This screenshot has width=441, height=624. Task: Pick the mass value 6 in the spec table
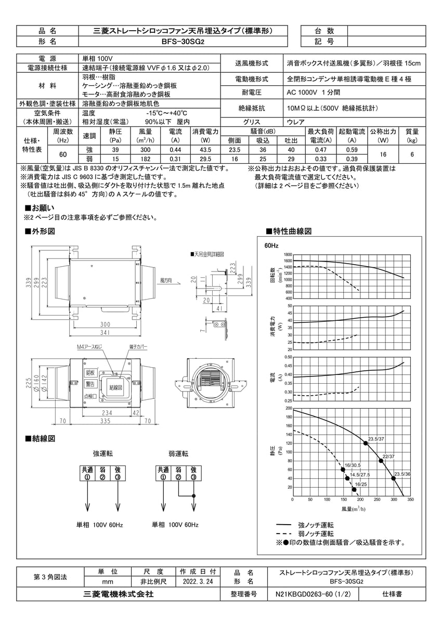pos(412,154)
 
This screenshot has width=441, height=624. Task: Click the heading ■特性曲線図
pos(289,230)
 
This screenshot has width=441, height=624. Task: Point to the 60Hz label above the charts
pos(271,245)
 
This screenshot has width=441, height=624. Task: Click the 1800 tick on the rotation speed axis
pos(288,254)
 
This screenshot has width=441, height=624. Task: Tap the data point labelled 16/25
pos(354,489)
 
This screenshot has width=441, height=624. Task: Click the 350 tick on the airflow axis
pos(410,499)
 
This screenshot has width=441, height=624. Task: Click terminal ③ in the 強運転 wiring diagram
pos(118,477)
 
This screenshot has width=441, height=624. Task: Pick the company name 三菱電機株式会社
pos(119,593)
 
